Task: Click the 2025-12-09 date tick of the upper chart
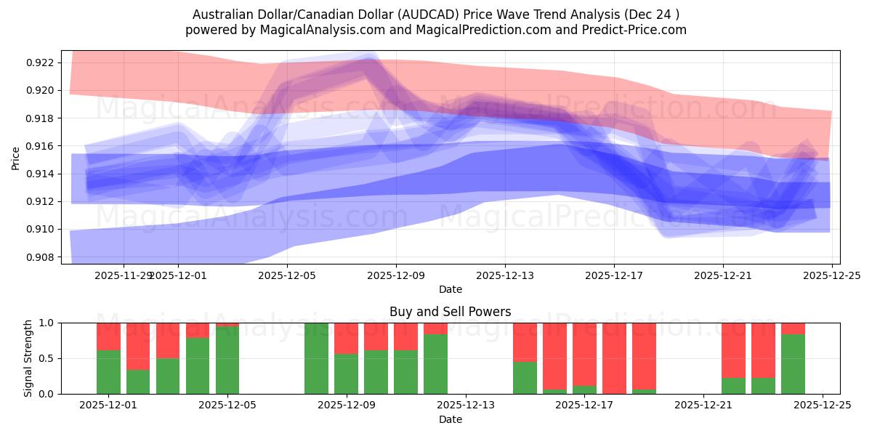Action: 396,275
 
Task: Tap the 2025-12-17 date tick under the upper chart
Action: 614,275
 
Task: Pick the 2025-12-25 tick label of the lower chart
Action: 823,405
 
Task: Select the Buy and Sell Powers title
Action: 450,312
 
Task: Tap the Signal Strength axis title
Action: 28,358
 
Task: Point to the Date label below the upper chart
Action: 450,289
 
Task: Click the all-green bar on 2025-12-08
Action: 316,358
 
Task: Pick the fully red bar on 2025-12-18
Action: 614,358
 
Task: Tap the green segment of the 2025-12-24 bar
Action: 793,364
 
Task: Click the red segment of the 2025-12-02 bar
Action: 138,346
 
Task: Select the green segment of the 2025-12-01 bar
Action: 108,372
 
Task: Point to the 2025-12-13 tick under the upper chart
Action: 505,275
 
